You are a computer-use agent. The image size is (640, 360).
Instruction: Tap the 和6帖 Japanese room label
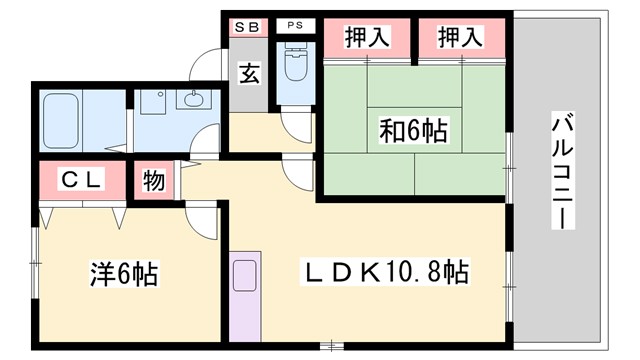[412, 130]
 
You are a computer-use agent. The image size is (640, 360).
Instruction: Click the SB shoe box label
[246, 25]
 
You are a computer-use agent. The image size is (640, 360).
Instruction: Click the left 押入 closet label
[367, 38]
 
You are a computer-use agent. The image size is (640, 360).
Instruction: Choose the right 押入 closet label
[460, 38]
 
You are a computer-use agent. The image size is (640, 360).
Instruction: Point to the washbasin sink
[191, 99]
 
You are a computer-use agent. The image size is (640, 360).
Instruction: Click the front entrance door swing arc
[208, 63]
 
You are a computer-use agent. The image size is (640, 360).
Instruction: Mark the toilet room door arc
[296, 127]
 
